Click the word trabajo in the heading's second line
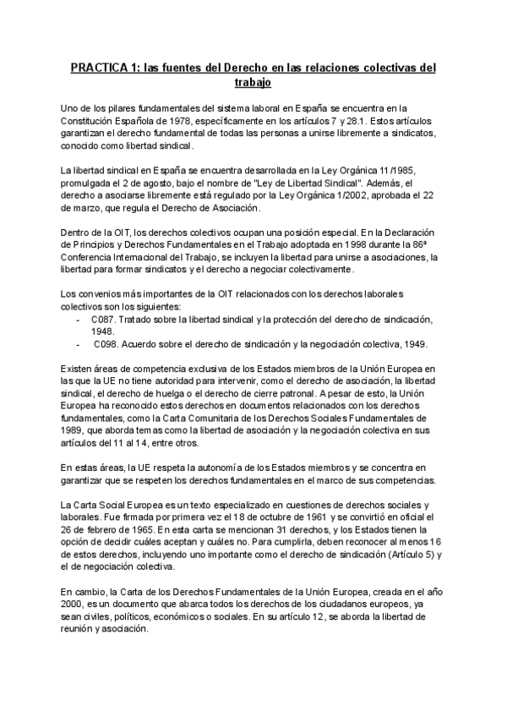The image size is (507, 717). point(253,84)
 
